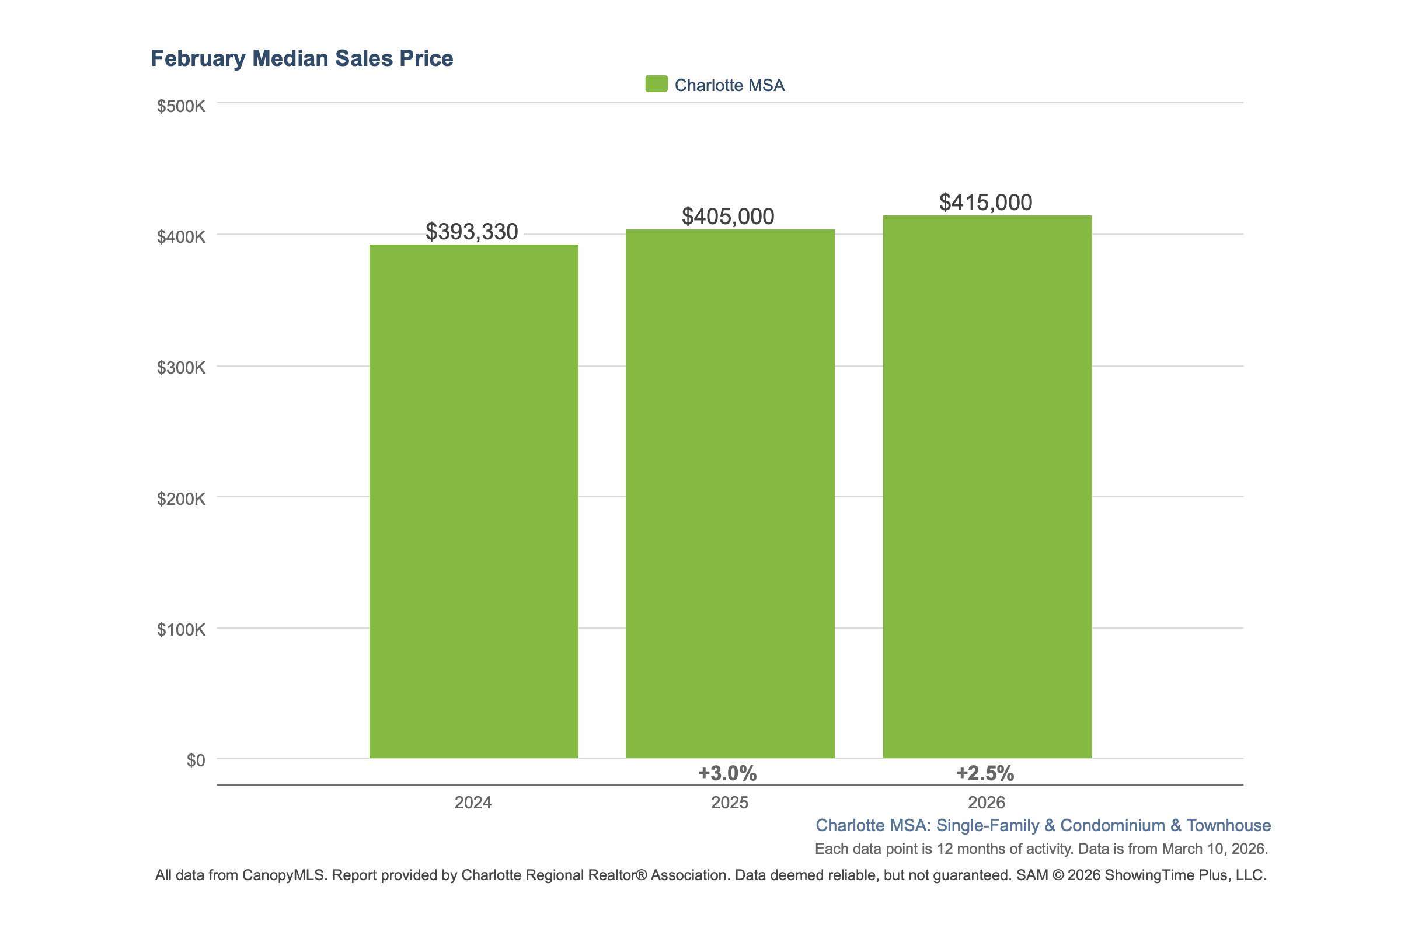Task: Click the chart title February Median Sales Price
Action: tap(302, 58)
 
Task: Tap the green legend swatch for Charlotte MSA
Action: tap(656, 84)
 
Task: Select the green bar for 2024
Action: tap(473, 501)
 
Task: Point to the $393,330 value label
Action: tap(471, 231)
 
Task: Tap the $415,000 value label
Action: tap(985, 203)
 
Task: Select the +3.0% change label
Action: tap(727, 773)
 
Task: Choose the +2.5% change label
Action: tap(985, 773)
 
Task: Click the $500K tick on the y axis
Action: tap(181, 106)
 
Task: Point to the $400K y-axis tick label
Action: tap(181, 237)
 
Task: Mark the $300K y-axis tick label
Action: tap(181, 367)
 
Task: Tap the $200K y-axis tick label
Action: tap(181, 498)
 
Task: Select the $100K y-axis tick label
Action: tap(181, 630)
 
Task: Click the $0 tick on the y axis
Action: tap(196, 760)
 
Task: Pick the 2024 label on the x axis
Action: tap(473, 803)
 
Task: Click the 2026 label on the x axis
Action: tap(987, 803)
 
